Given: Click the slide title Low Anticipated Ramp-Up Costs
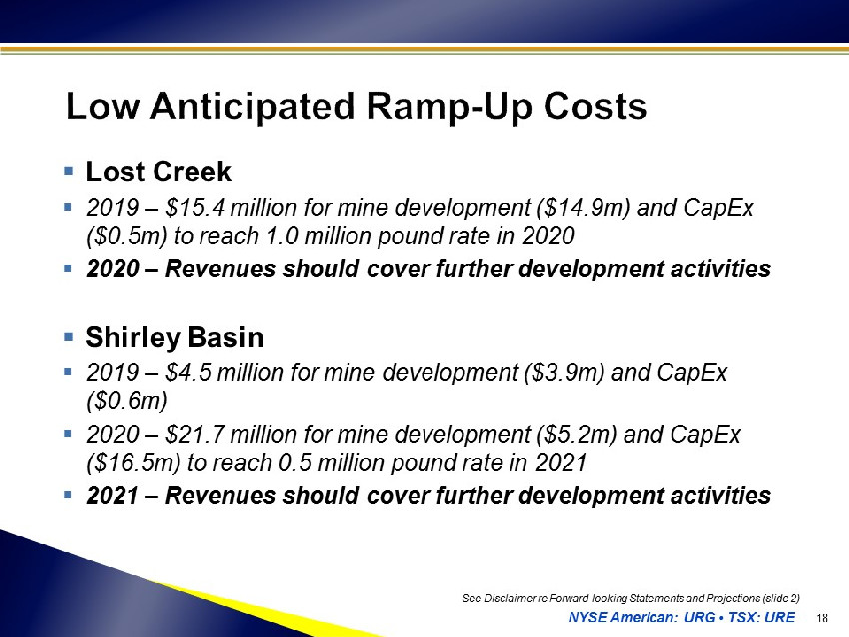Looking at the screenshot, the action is point(357,106).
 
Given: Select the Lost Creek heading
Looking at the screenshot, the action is point(158,172).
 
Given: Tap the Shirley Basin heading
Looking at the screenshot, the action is point(175,337).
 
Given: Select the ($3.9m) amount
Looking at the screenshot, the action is point(563,372).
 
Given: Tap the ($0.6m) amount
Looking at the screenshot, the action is point(126,401).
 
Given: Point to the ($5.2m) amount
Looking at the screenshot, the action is point(577,434).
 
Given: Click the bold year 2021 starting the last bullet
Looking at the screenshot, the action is point(112,496).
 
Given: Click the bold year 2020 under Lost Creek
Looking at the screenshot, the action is point(112,269).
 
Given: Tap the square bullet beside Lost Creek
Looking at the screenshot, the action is point(68,171).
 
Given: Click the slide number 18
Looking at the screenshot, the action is point(822,618).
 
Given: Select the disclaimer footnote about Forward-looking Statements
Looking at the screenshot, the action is point(631,598).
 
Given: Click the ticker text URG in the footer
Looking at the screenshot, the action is point(699,617).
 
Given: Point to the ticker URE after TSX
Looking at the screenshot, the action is point(780,617).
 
